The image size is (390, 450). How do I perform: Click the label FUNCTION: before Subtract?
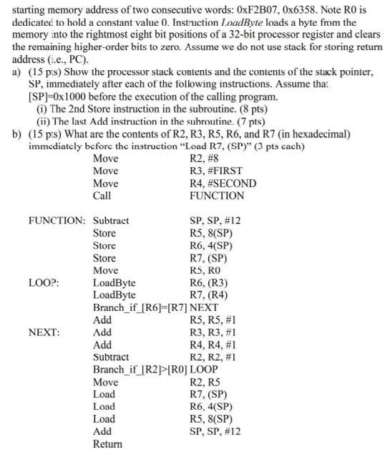click(57, 220)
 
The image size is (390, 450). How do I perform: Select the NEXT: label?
click(44, 332)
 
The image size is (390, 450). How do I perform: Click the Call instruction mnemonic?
click(102, 195)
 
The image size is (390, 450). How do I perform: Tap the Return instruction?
click(107, 444)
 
